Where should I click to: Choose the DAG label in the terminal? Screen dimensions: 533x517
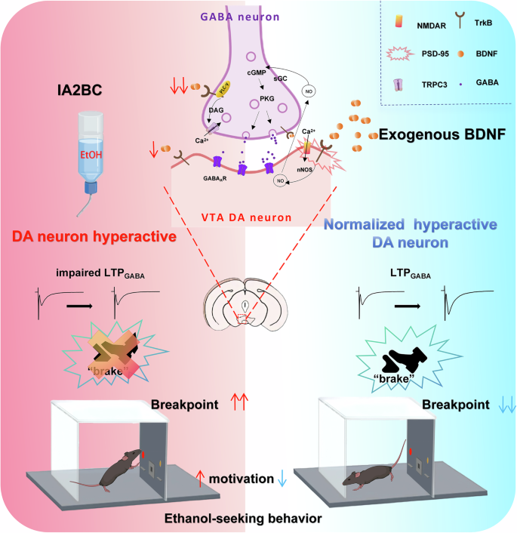[217, 109]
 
